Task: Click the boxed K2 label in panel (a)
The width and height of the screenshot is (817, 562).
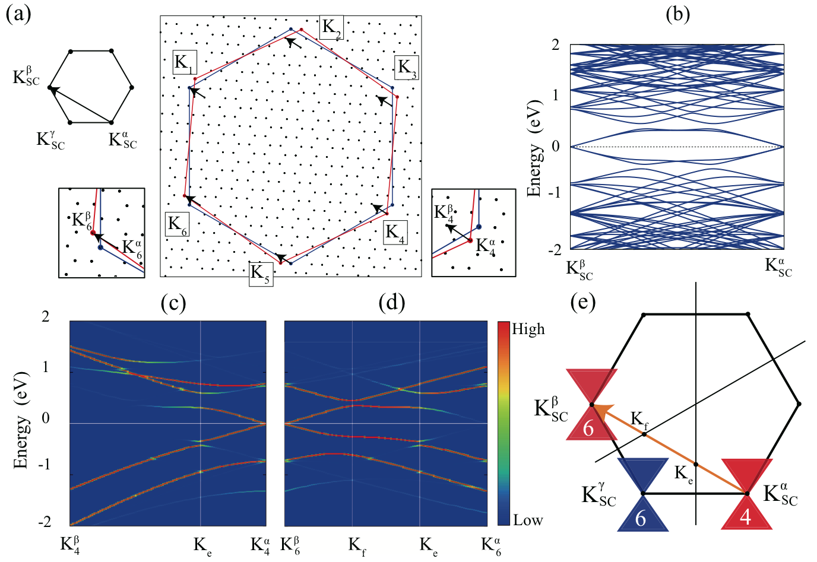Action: pyautogui.click(x=331, y=27)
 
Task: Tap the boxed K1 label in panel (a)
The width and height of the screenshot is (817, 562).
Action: pyautogui.click(x=185, y=62)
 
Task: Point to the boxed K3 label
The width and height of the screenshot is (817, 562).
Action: pyautogui.click(x=406, y=68)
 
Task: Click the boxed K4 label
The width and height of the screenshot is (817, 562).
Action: pyautogui.click(x=395, y=232)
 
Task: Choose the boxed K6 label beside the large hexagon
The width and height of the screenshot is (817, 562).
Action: pyautogui.click(x=177, y=224)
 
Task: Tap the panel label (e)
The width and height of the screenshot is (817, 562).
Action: pyautogui.click(x=583, y=302)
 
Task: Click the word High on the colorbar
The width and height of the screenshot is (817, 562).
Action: pyautogui.click(x=528, y=329)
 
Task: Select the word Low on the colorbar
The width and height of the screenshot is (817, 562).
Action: pyautogui.click(x=528, y=520)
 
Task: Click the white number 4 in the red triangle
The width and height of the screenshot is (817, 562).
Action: pyautogui.click(x=746, y=517)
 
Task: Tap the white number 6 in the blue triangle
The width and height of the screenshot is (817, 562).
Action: pyautogui.click(x=641, y=518)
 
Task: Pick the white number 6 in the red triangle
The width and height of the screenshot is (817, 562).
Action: pyautogui.click(x=588, y=428)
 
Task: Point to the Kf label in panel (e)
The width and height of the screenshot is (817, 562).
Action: pyautogui.click(x=639, y=420)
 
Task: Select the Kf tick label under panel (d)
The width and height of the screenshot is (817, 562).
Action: pyautogui.click(x=357, y=547)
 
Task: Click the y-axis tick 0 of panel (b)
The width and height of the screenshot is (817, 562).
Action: pyautogui.click(x=555, y=147)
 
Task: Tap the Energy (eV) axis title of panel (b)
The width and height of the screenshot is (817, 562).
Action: pyautogui.click(x=534, y=148)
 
